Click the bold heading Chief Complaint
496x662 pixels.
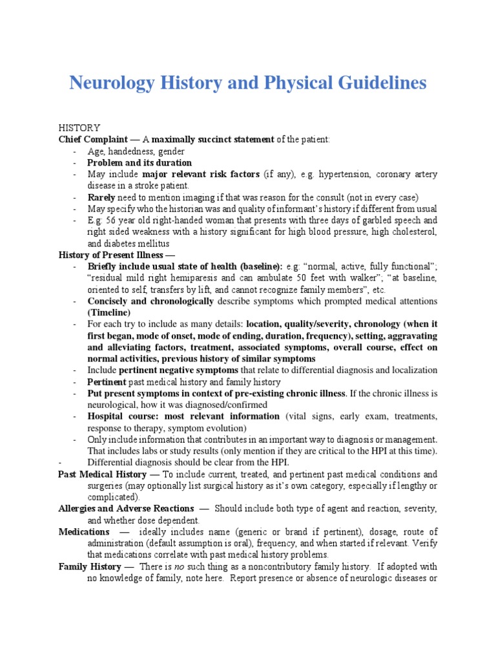92,140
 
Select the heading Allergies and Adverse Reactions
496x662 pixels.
126,509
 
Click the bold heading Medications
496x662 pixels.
84,531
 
